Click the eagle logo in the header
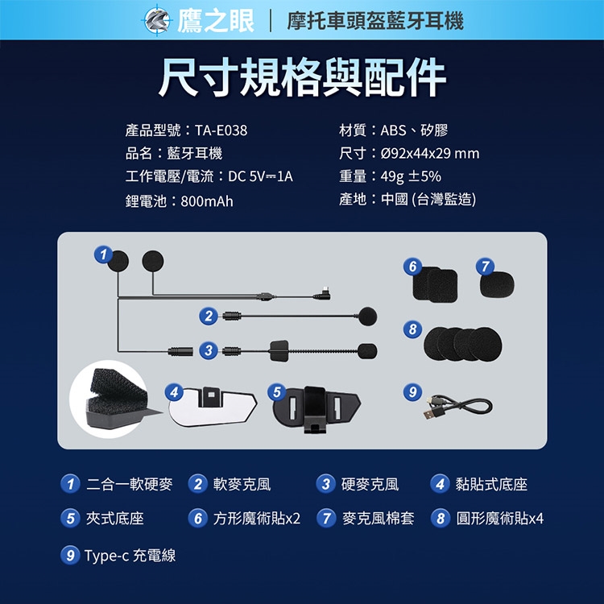tap(157, 20)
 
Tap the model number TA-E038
tap(221, 130)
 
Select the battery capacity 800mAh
tap(207, 201)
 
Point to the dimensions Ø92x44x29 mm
tap(430, 153)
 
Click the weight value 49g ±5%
tap(411, 176)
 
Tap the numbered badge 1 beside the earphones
tap(103, 254)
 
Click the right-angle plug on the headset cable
tap(323, 293)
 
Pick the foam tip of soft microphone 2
tap(367, 316)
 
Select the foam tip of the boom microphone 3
tap(367, 351)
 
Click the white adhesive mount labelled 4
tap(213, 407)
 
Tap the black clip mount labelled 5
tap(316, 409)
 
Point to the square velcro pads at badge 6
tap(435, 284)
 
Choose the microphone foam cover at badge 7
tap(497, 284)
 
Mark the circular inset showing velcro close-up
tap(109, 399)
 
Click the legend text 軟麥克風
tap(242, 484)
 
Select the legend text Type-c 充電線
tap(130, 556)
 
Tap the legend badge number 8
tap(441, 518)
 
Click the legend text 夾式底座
tap(115, 518)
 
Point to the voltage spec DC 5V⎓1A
tap(260, 176)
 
